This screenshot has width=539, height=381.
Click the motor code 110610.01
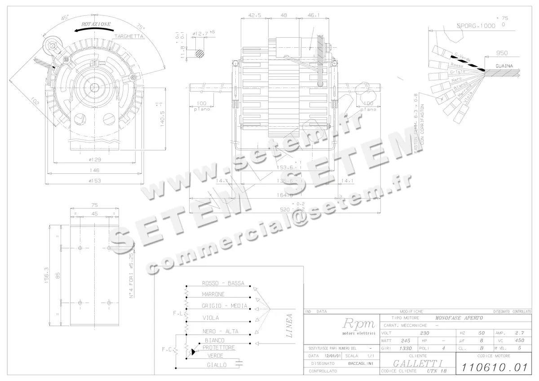(494, 368)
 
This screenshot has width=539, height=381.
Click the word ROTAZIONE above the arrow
(96, 24)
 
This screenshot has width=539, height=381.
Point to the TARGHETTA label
(128, 36)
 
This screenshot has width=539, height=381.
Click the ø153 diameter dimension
(94, 181)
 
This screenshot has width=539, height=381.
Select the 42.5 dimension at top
(254, 15)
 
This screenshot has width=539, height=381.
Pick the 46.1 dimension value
(314, 15)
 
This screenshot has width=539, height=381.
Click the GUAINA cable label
(505, 66)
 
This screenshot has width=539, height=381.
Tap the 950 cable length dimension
(502, 53)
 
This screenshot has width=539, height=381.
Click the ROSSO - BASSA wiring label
(223, 283)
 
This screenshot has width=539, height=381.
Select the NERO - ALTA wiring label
(220, 331)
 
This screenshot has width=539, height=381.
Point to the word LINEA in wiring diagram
(290, 326)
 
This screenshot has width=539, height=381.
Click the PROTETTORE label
(219, 347)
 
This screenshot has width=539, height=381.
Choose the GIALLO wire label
(216, 365)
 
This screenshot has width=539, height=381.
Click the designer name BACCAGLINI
(359, 363)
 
